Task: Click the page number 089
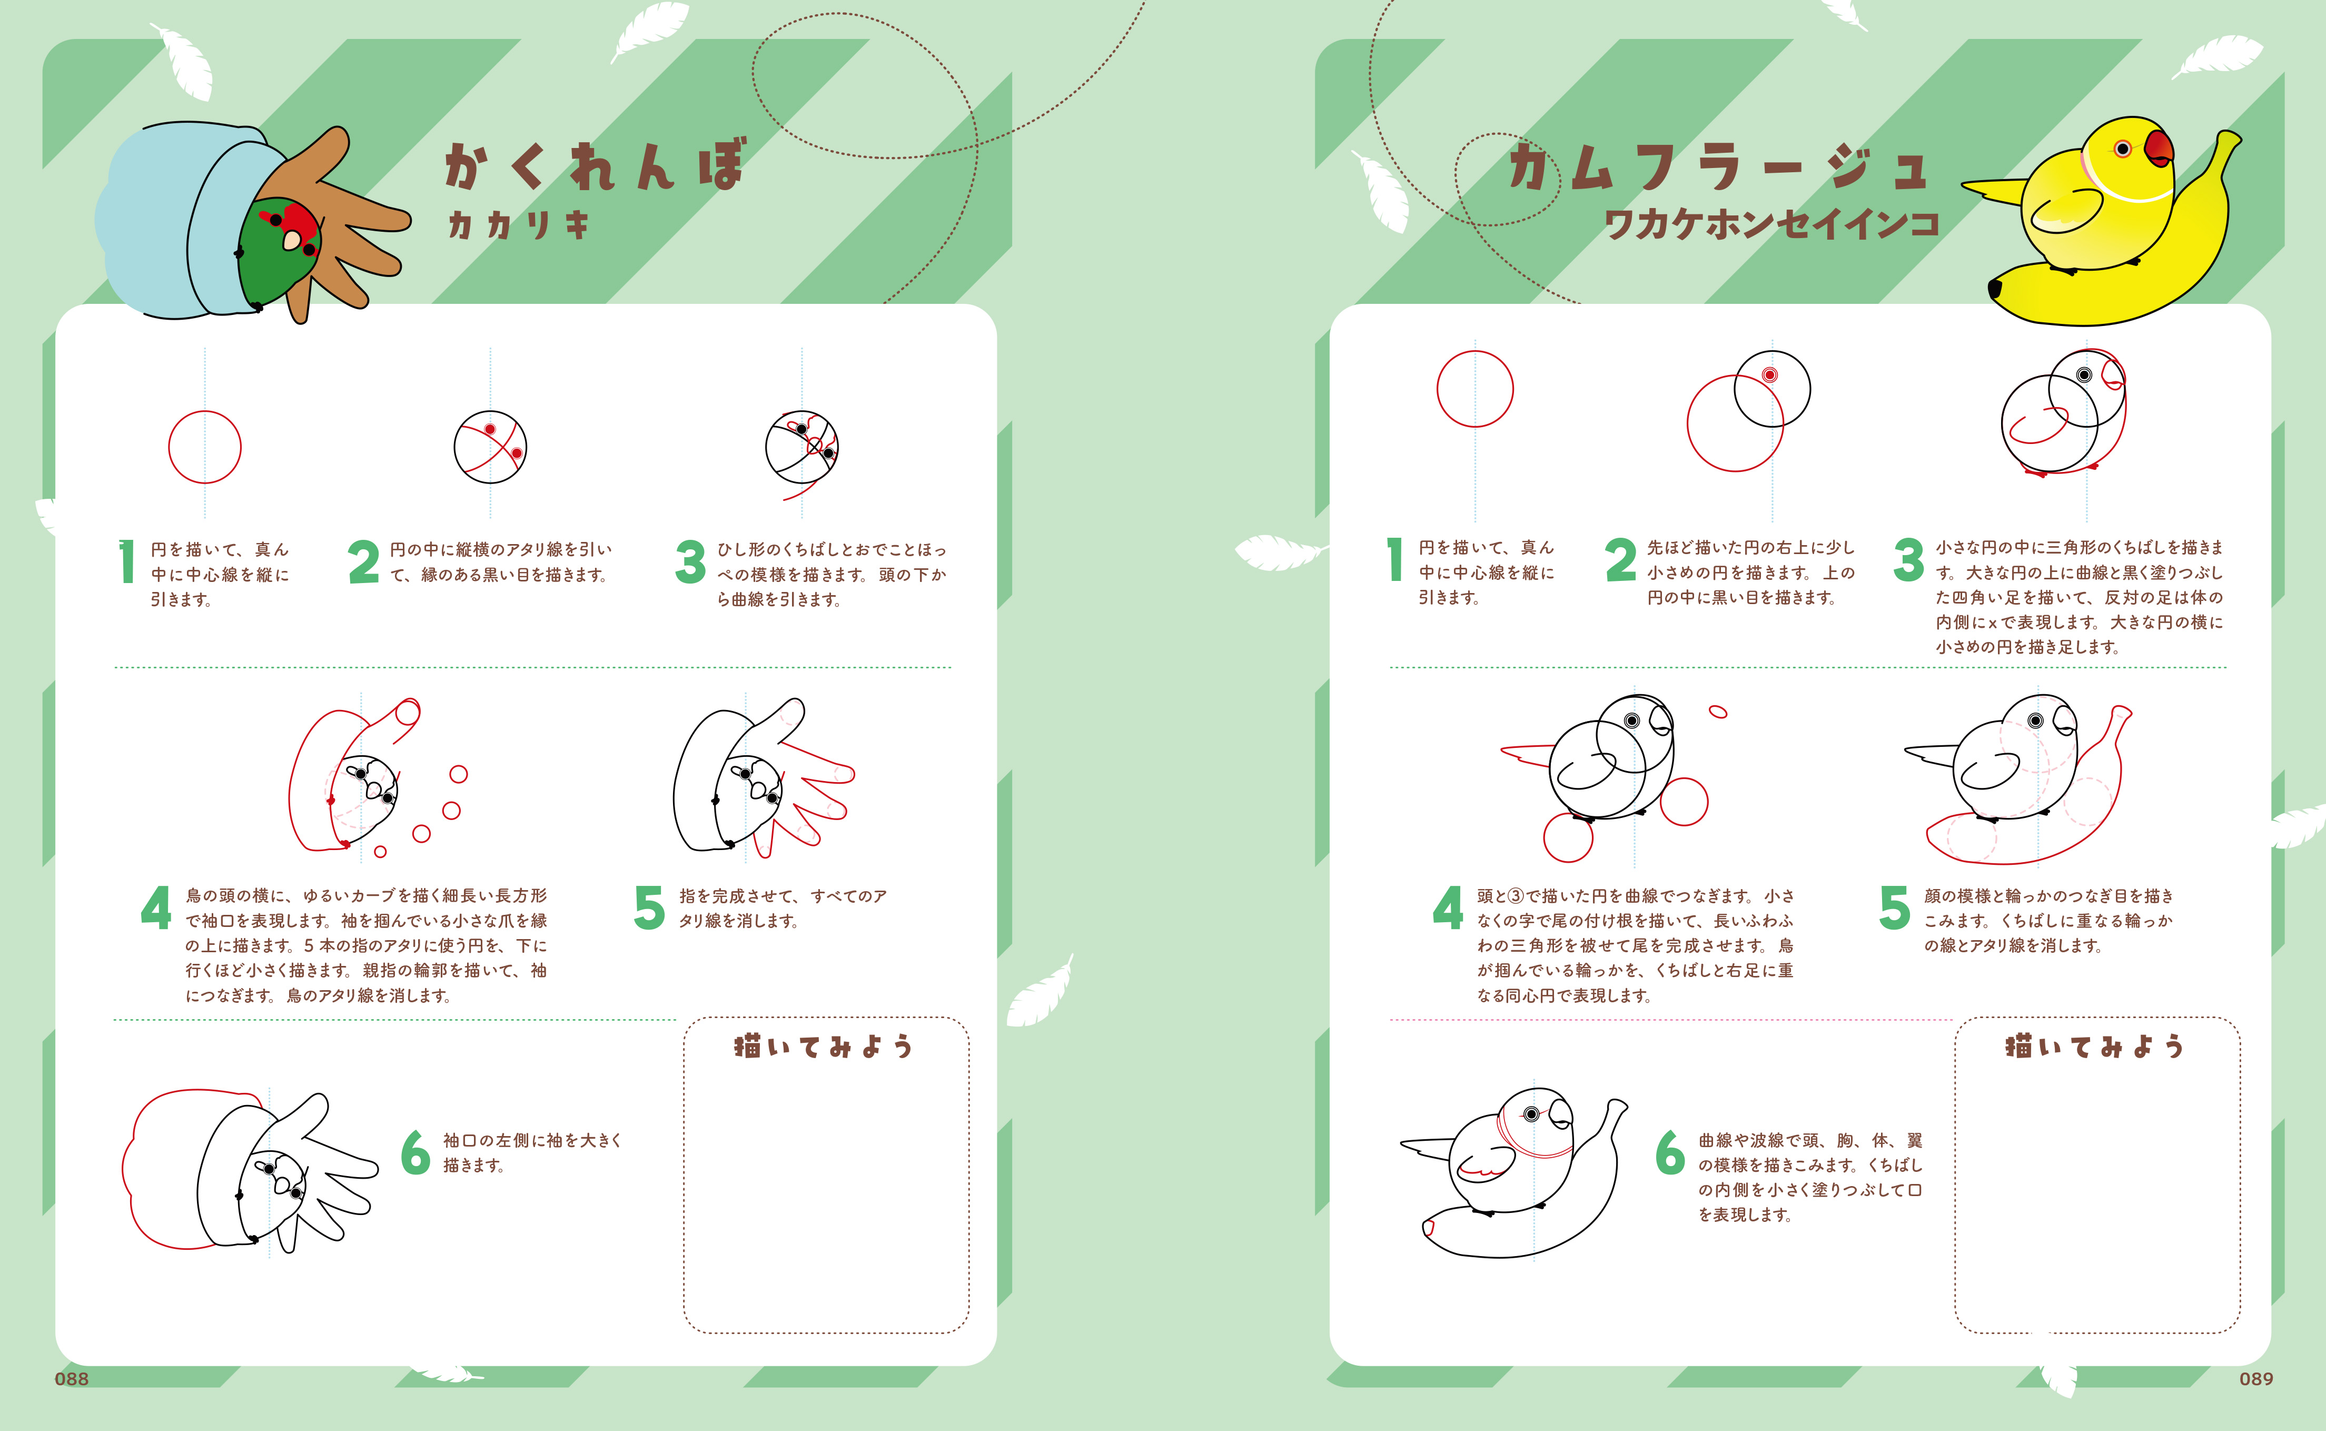pos(2256,1379)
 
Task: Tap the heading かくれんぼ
pos(595,165)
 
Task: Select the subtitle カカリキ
pos(519,224)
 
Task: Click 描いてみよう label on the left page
pos(823,1046)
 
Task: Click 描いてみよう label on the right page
pos(2094,1046)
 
